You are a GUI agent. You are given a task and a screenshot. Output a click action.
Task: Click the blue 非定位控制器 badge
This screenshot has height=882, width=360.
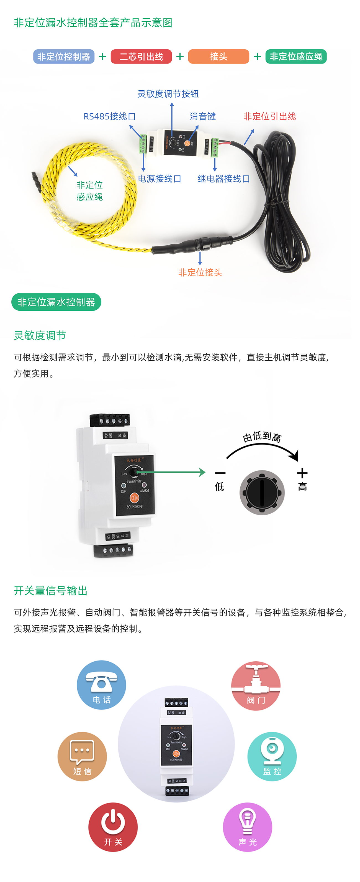click(x=64, y=57)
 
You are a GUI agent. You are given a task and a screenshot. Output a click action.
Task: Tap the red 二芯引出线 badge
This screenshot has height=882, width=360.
click(x=141, y=57)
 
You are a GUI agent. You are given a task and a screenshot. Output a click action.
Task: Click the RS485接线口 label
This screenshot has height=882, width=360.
click(x=109, y=116)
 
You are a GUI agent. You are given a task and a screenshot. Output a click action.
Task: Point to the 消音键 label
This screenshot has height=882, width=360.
click(x=203, y=116)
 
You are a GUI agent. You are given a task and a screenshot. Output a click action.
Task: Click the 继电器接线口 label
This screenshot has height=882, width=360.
click(x=223, y=179)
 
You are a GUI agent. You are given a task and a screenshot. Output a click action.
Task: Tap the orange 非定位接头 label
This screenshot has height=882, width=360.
click(x=200, y=272)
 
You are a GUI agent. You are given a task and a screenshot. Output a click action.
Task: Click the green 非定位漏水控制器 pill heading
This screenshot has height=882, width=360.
click(x=56, y=302)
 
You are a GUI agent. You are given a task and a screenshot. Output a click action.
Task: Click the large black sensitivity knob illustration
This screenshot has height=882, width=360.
click(x=262, y=492)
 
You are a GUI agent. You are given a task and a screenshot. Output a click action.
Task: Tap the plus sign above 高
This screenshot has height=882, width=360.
click(x=302, y=473)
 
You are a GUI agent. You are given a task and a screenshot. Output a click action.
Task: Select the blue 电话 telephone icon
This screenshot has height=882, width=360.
click(x=101, y=685)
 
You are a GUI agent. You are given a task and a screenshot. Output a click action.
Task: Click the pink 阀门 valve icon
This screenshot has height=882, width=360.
click(x=256, y=685)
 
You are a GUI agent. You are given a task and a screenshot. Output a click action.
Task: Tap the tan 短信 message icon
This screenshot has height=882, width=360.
click(x=82, y=756)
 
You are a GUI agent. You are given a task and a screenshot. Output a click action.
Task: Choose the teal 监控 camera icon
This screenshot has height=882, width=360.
click(x=272, y=756)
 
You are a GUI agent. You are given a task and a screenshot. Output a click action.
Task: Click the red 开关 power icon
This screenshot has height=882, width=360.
click(x=113, y=827)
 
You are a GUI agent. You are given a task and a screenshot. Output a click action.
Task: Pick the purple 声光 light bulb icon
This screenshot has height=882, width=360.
click(x=247, y=827)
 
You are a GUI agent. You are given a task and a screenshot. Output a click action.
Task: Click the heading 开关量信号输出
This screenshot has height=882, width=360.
click(x=51, y=591)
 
